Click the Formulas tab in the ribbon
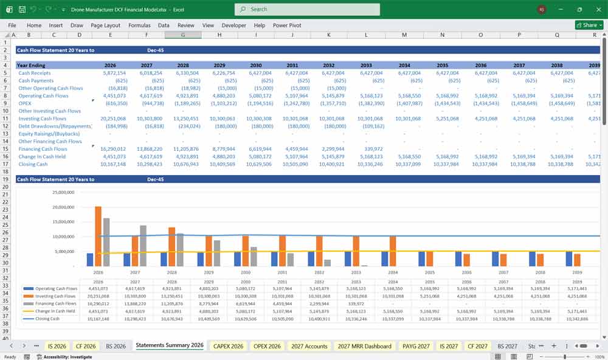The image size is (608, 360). click(x=139, y=26)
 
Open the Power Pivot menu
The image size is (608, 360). click(x=287, y=26)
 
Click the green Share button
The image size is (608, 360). click(x=589, y=25)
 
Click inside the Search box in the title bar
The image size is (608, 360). click(x=307, y=9)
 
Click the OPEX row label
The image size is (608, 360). click(x=26, y=103)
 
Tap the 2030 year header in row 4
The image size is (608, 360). click(x=255, y=65)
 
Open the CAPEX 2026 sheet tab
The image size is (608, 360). click(x=228, y=346)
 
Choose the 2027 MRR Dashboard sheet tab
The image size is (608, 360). click(x=364, y=346)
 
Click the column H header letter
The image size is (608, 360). click(x=219, y=35)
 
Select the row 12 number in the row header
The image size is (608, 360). click(x=5, y=126)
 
